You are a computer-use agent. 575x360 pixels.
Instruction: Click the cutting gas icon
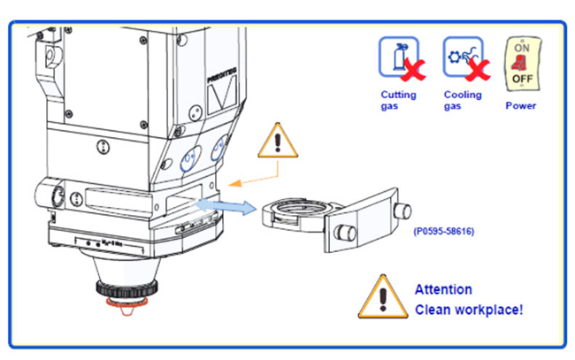(395, 57)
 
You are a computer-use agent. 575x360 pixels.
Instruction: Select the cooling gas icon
(461, 57)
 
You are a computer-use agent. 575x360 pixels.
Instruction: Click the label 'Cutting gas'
(397, 100)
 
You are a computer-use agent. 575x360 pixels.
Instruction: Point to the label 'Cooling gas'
(463, 100)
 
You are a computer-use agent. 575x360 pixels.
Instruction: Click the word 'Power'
(520, 105)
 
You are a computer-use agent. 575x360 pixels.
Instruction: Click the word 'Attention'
(443, 289)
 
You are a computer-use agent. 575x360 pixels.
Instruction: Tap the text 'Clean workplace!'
(469, 310)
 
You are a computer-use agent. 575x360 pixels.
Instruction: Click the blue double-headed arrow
(226, 207)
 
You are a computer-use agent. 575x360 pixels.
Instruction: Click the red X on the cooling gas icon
(479, 68)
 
